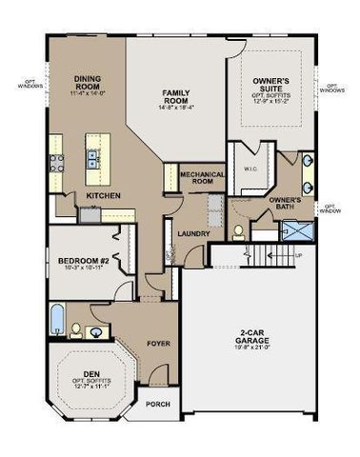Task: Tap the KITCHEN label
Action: pos(102,195)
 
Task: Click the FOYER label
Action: pos(157,342)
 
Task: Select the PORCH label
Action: pos(157,404)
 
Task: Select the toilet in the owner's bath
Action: pos(239,230)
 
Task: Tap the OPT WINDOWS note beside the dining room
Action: pos(22,85)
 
